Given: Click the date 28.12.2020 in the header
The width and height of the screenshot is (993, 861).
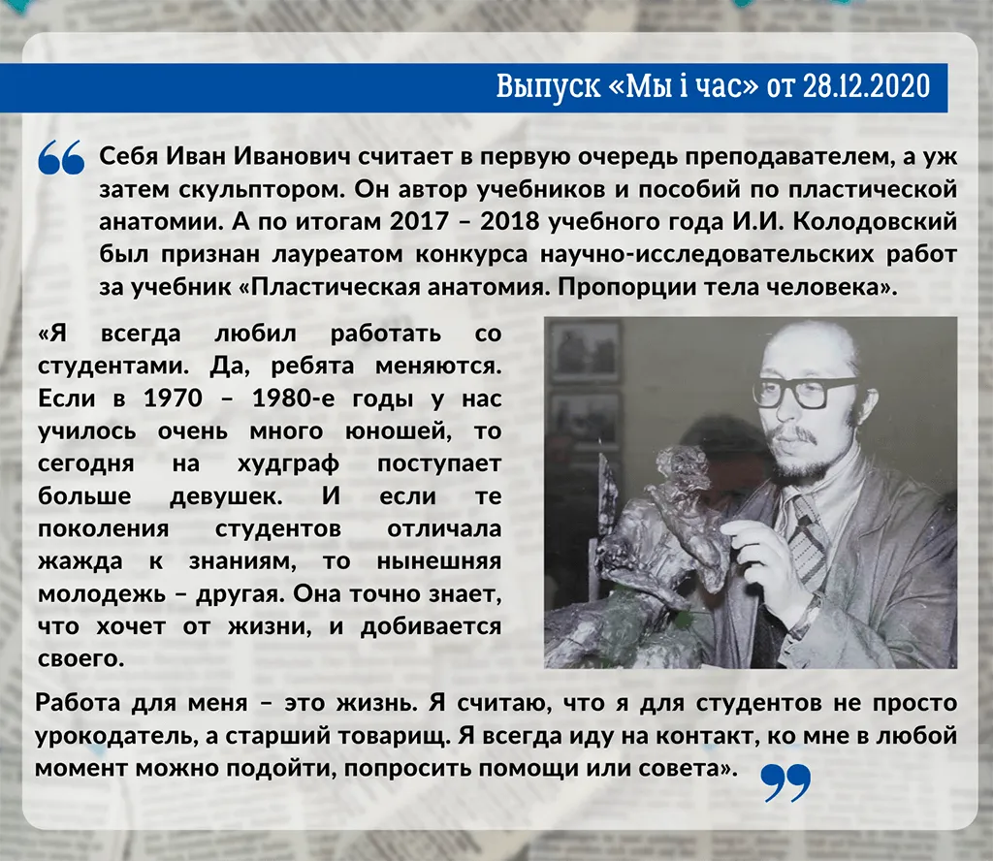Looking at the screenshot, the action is (x=867, y=86).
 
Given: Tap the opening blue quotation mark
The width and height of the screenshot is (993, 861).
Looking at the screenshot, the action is (x=61, y=157).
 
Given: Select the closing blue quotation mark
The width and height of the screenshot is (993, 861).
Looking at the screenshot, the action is (x=785, y=782).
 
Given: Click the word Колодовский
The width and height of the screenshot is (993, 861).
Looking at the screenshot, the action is (x=875, y=221).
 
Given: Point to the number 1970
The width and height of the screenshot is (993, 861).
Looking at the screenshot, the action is (x=173, y=399).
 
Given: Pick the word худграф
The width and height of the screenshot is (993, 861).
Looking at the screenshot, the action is (x=288, y=464).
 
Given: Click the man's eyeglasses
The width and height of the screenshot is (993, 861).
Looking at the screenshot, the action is (x=806, y=392).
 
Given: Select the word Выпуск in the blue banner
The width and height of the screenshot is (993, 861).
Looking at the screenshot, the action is (x=548, y=86).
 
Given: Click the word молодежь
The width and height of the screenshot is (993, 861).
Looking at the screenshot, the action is (x=101, y=594).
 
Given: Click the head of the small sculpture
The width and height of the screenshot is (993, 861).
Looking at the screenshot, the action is (x=681, y=459).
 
